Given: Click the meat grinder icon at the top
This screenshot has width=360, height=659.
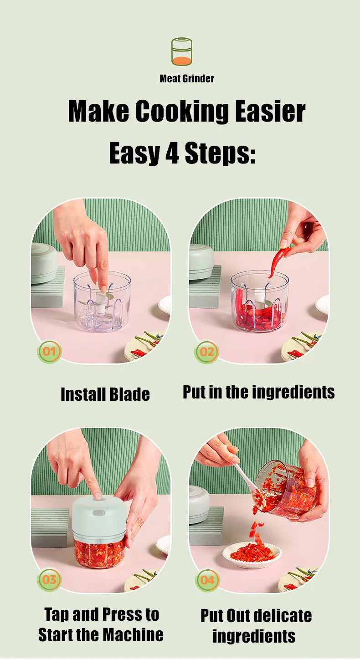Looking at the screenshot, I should [181, 51].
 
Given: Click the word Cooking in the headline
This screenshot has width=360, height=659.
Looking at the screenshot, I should [182, 112].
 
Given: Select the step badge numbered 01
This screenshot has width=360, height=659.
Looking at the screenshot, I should [49, 352].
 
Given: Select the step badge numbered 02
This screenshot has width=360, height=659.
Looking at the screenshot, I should [207, 352].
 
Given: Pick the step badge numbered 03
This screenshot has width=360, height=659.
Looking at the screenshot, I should [49, 580].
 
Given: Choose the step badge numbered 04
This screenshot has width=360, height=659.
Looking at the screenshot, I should [207, 580].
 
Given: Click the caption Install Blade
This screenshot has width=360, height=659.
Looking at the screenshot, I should [105, 394].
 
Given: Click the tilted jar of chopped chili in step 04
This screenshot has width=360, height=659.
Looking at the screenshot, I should [286, 490].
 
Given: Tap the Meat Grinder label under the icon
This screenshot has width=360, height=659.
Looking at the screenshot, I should [187, 79].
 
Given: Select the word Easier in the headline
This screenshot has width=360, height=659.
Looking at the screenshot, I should [270, 112].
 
